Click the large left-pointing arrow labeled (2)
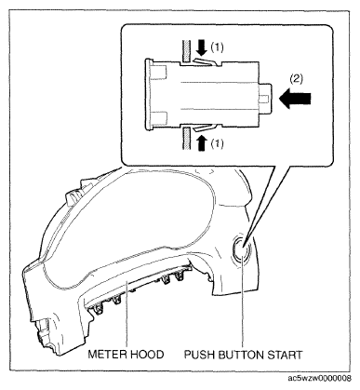pos(295,99)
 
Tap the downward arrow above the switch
pos(203,47)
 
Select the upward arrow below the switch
pos(202,142)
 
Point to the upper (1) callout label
pos(217,47)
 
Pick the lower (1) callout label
pos(217,143)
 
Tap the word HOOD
pos(146,354)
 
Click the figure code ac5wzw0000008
pos(320,379)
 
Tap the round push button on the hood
pos(242,249)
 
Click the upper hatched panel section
pos(186,52)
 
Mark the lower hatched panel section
pos(186,138)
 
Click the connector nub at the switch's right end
pos(265,99)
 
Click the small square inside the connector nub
pos(263,99)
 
